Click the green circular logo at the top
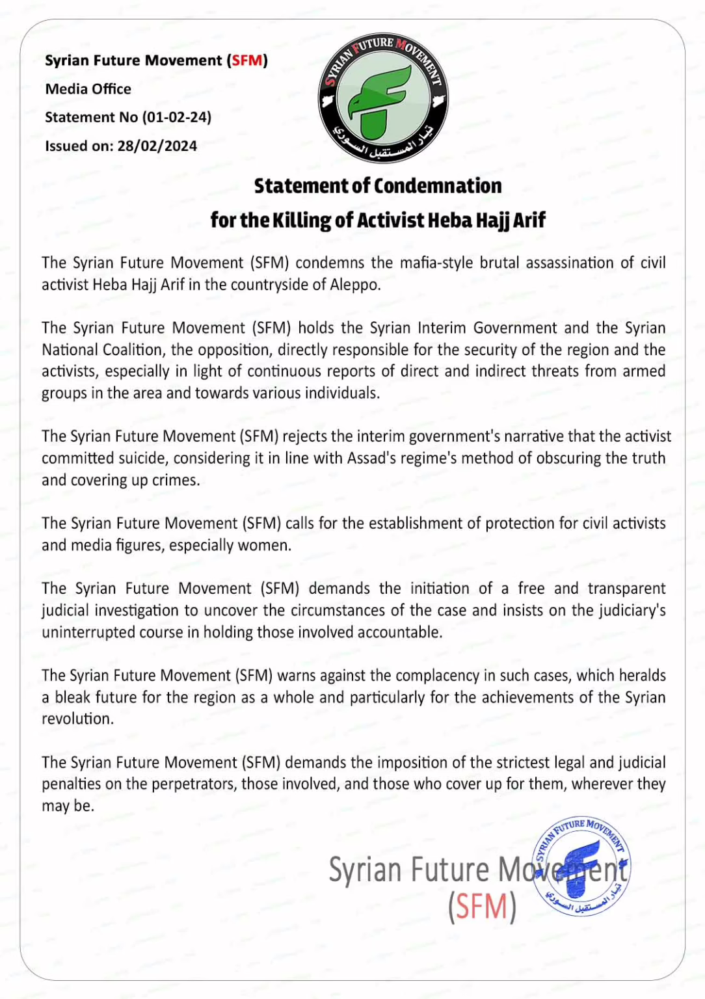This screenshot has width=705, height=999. [x=383, y=98]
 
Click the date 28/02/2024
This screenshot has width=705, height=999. [x=157, y=146]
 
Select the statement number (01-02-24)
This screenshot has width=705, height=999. [x=177, y=117]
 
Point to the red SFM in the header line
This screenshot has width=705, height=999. [x=247, y=60]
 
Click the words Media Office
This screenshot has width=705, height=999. [x=88, y=89]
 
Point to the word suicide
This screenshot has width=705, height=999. [x=142, y=458]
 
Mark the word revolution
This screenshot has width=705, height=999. [x=77, y=719]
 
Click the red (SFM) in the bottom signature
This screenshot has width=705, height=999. [x=482, y=907]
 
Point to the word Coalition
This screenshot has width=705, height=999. [x=132, y=350]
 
